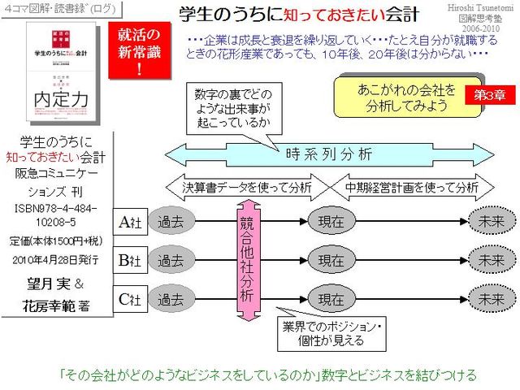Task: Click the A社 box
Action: coord(131,222)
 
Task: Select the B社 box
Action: coord(131,261)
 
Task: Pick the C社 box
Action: coord(131,300)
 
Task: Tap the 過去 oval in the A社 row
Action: coord(171,222)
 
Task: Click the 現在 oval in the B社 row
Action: coord(331,261)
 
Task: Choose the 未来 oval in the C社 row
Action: coord(491,300)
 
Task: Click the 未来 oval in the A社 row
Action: coord(491,222)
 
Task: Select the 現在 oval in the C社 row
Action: coord(331,300)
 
